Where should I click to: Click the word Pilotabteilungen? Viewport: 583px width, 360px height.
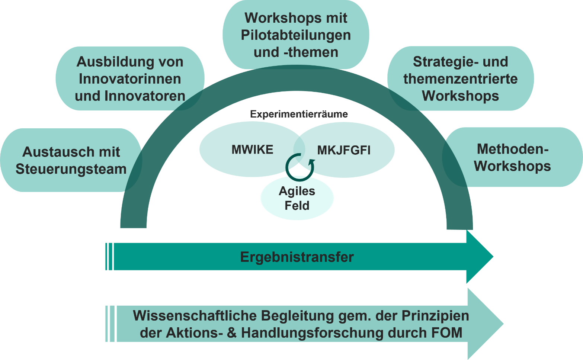[296, 35]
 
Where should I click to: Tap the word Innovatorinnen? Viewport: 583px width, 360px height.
[130, 79]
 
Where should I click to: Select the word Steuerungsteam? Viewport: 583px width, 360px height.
[71, 169]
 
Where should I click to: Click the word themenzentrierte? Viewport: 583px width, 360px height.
[461, 79]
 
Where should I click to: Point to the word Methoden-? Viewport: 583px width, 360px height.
[513, 149]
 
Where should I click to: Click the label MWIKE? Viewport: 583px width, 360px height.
[252, 150]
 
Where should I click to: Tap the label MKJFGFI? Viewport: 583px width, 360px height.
[344, 150]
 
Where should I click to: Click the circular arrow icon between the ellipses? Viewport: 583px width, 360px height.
[299, 167]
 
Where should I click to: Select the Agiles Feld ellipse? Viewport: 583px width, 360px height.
[297, 198]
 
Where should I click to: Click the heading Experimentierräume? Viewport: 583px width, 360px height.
[299, 114]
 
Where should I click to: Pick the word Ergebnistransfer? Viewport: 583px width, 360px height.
[297, 257]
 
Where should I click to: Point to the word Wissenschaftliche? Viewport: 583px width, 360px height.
[195, 316]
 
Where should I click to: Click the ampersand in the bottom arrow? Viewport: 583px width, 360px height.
[231, 333]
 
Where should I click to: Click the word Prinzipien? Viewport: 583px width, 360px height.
[435, 316]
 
